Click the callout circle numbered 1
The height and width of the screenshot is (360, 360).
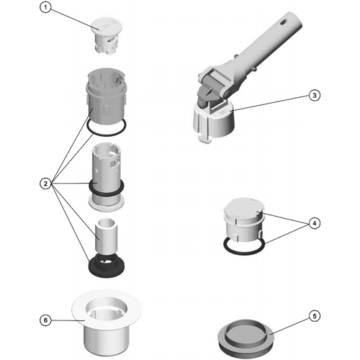click(45, 7)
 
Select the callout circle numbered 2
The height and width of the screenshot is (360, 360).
click(45, 184)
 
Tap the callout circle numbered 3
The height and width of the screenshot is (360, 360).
click(315, 95)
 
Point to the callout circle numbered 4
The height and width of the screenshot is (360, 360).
click(315, 223)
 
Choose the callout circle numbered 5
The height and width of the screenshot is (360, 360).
click(315, 316)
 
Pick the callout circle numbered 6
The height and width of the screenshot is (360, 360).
click(45, 320)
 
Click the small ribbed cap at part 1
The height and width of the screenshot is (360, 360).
click(107, 35)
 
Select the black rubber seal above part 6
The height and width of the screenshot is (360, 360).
click(107, 264)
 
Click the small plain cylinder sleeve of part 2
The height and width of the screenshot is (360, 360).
click(106, 236)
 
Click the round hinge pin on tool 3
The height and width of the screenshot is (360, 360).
click(226, 94)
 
